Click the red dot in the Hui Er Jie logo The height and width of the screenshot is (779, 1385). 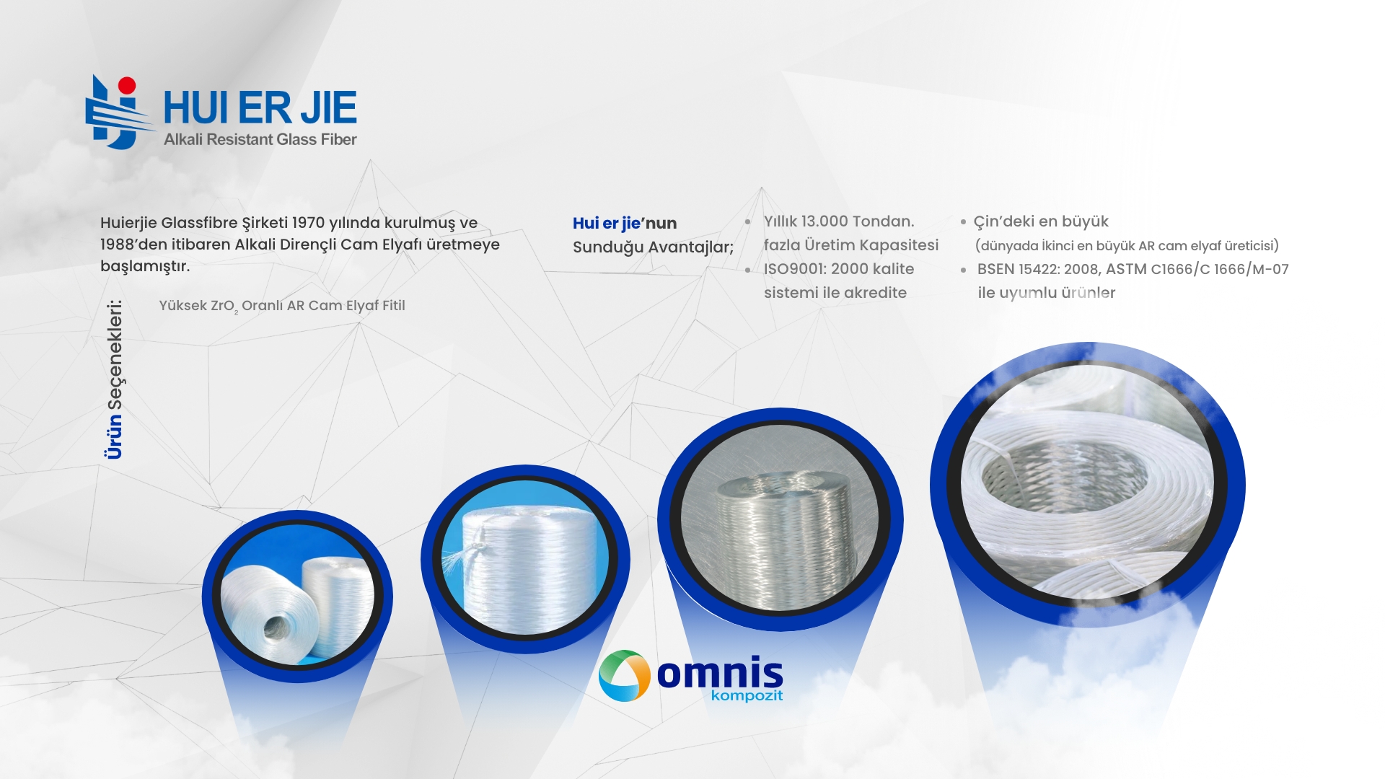click(127, 86)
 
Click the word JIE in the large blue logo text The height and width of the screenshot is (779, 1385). click(329, 108)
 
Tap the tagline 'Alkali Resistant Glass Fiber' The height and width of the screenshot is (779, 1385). click(260, 140)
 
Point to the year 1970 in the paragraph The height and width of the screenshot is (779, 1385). click(308, 223)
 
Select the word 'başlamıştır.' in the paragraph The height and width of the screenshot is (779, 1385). click(145, 266)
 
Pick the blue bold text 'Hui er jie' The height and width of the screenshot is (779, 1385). click(607, 224)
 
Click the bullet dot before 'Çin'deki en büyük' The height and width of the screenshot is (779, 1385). click(963, 222)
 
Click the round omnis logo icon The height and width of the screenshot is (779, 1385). click(625, 676)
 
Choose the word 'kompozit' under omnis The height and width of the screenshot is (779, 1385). click(747, 695)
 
